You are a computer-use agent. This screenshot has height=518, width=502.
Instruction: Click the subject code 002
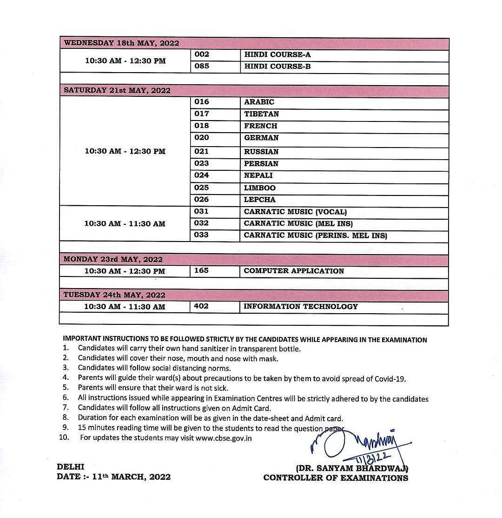tap(202, 54)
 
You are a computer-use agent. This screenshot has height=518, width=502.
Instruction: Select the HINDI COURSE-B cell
tap(277, 67)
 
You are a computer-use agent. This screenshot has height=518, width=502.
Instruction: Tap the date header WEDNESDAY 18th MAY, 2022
tap(121, 43)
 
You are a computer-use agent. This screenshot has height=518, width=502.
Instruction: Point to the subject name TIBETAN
tap(261, 114)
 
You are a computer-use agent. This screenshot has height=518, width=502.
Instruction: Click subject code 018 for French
tap(202, 126)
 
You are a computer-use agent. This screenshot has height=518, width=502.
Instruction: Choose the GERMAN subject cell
tap(261, 138)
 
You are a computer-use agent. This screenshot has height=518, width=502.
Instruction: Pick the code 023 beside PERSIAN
tap(202, 163)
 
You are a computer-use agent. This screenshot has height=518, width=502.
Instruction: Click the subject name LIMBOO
tap(259, 188)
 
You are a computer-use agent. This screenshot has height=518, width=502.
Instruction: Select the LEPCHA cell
tap(259, 200)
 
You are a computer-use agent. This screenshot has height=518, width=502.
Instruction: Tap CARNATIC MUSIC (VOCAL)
tap(295, 212)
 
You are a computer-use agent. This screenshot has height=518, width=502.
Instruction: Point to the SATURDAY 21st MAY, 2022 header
tap(117, 90)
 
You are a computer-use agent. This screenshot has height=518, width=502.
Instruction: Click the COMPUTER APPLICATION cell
tap(294, 271)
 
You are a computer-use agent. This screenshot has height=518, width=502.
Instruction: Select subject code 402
tap(201, 306)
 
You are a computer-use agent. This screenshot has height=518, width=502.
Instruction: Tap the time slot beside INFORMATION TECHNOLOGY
tap(125, 307)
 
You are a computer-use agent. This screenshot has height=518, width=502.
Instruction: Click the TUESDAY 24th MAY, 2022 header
tap(114, 295)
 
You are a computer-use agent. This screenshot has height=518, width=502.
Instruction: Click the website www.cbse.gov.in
tap(224, 438)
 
